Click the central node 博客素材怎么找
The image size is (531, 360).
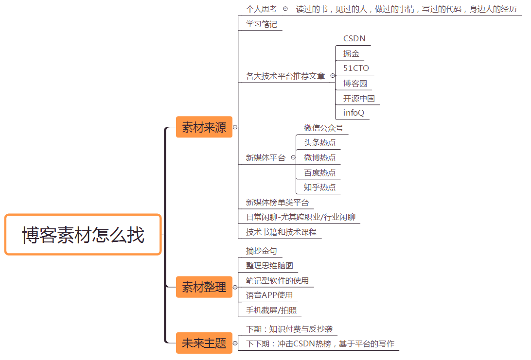[x=83, y=235]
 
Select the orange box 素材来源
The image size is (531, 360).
[x=204, y=127]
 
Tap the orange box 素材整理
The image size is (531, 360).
[x=204, y=287]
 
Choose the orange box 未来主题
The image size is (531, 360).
[x=204, y=343]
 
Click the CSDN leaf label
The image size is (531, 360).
[x=354, y=39]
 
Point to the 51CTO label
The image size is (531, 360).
[x=356, y=69]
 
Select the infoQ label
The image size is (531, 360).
[x=354, y=113]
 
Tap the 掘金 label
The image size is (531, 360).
[x=351, y=54]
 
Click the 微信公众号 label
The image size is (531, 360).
[x=323, y=128]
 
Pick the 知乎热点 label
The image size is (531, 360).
[x=319, y=188]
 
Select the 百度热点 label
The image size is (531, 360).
[x=319, y=173]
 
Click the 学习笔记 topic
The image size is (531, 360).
[x=262, y=24]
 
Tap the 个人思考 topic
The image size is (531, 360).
[x=262, y=9]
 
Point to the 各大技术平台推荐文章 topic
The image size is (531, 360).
[x=285, y=76]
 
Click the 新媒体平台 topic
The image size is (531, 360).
[x=265, y=158]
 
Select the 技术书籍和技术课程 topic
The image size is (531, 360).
[x=281, y=232]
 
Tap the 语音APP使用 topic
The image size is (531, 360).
[x=269, y=295]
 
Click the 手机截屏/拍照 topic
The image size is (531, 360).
[x=271, y=310]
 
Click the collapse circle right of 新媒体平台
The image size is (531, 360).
[x=293, y=157]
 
